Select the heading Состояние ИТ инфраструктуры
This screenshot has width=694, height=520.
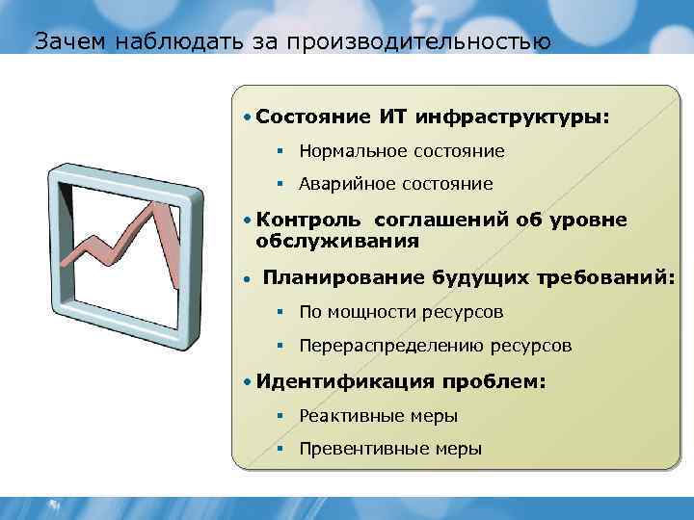coord(433,117)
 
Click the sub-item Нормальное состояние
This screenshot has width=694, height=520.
coord(402,151)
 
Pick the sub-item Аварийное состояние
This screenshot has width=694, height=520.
coord(396,183)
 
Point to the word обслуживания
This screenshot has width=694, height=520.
coord(337,241)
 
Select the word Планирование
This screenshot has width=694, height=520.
coord(343,278)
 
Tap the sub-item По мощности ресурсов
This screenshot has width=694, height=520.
coord(401,312)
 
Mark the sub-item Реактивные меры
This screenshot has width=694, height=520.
coord(379,416)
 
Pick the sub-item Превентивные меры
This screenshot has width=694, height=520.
coord(390,449)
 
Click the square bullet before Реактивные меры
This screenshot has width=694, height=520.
coord(279,416)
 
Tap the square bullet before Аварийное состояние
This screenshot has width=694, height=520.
coord(279,183)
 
